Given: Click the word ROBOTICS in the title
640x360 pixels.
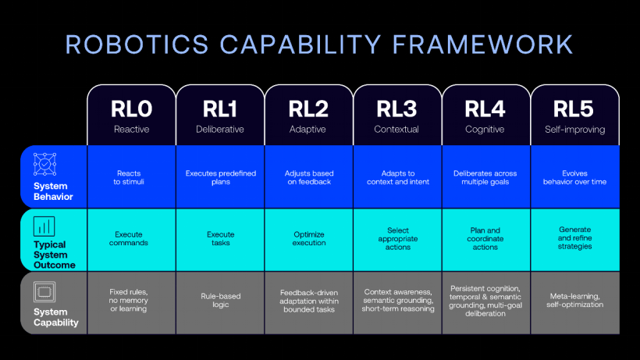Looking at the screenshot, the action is coord(137,45).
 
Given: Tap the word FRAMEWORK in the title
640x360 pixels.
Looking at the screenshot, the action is coord(482,45).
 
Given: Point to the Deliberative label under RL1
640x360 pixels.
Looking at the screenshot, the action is coord(220,130).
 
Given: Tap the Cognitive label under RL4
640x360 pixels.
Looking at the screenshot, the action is coord(485,130).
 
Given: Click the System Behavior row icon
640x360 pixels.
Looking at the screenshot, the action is coord(45,164).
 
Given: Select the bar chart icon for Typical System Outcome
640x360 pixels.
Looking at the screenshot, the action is coord(44,226).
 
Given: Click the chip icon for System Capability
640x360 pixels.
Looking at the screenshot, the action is coord(44,292).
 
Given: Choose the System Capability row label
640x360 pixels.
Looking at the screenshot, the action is coord(56,317).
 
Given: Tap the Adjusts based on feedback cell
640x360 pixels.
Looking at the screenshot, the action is coord(309,177).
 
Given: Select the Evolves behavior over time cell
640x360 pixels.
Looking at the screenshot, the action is coord(574,177).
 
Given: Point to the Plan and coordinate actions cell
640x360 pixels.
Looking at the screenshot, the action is coord(485,239).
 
